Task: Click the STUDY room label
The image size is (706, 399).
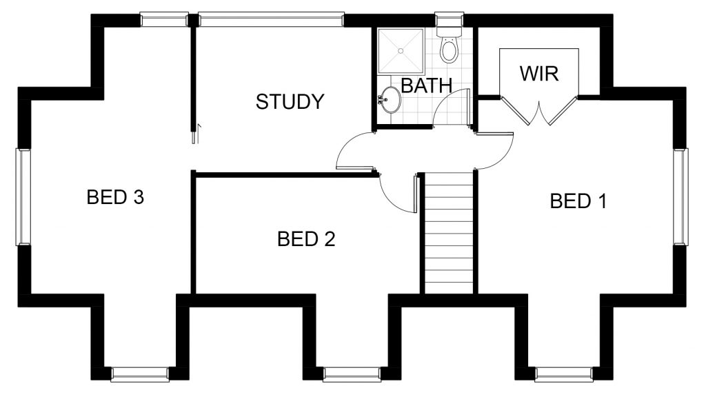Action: (x=290, y=102)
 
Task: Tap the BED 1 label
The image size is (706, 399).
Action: (x=578, y=201)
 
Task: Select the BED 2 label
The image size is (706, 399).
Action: (x=306, y=239)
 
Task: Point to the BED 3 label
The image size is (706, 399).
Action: (x=115, y=197)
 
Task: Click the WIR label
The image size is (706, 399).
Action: (x=539, y=74)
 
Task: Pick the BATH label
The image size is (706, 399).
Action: (x=426, y=85)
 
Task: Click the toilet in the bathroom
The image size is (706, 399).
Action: (x=449, y=44)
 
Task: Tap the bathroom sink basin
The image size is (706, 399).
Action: (x=389, y=99)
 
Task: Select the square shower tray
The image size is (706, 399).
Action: (x=401, y=51)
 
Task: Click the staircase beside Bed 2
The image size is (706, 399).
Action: (x=449, y=233)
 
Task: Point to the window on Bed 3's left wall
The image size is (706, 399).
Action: (x=23, y=197)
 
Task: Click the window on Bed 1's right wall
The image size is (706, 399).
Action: (x=680, y=197)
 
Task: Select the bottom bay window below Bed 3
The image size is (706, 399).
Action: (x=140, y=374)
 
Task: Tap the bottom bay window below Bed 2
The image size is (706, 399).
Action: (x=352, y=374)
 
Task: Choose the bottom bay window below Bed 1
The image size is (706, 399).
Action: (x=564, y=374)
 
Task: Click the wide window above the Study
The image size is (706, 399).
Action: (x=271, y=20)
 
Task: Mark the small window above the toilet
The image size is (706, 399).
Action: (x=450, y=19)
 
